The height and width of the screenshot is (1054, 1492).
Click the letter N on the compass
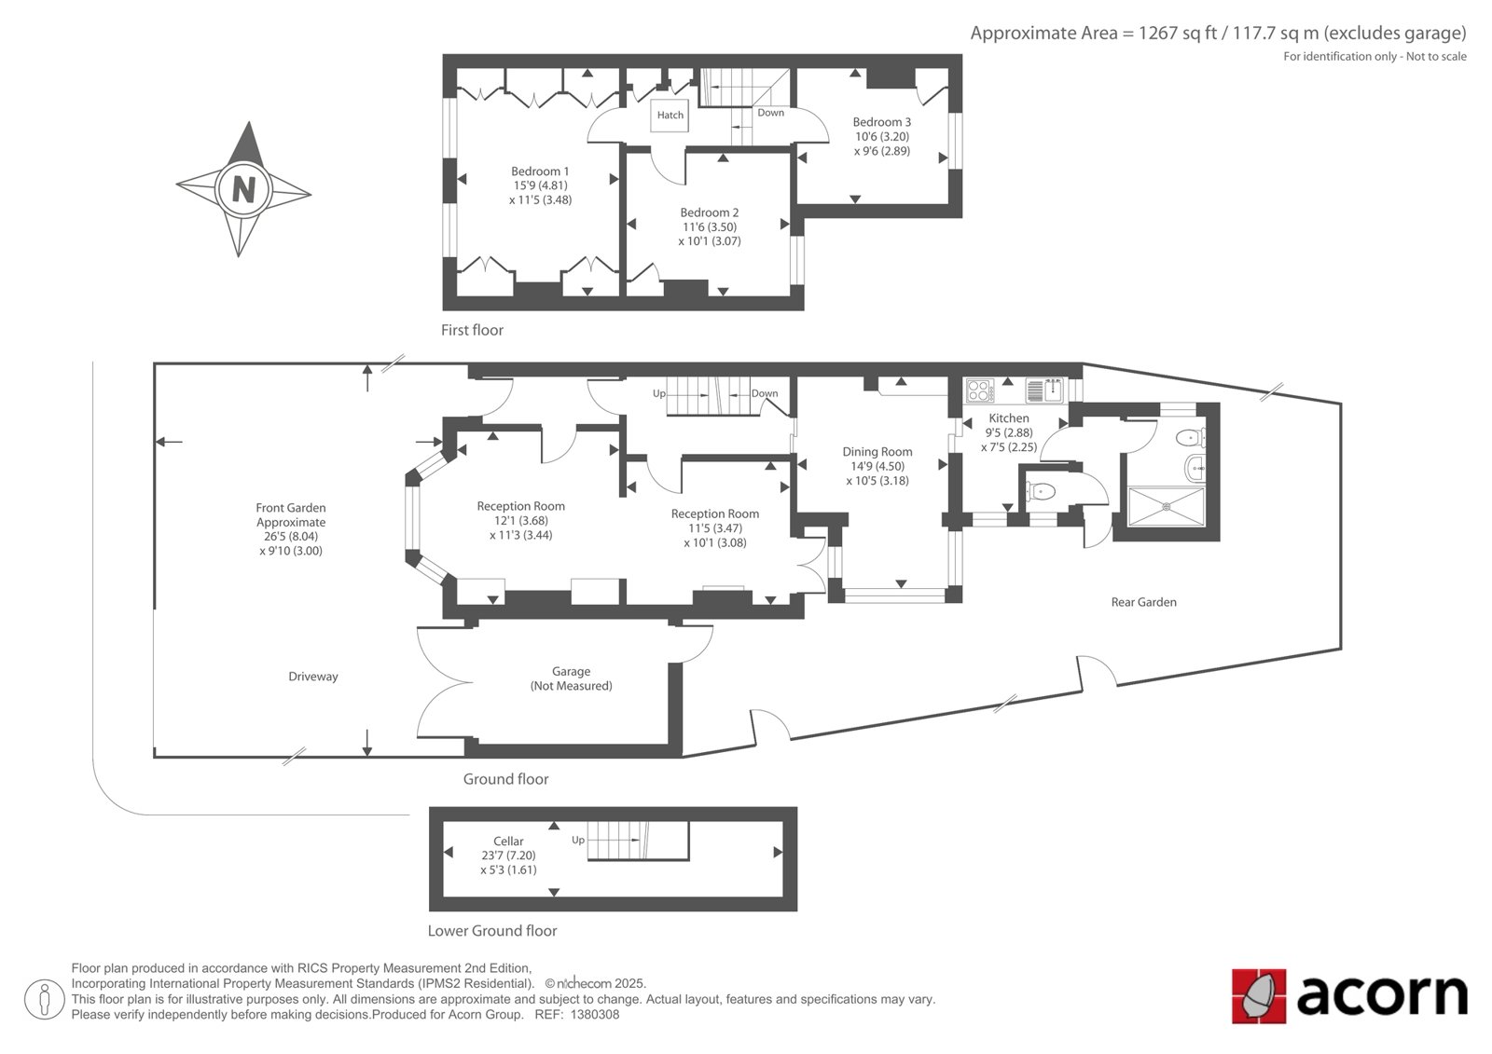pyautogui.click(x=243, y=190)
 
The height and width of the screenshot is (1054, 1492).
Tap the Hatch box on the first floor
pyautogui.click(x=670, y=116)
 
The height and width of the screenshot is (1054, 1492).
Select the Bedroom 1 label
pyautogui.click(x=540, y=171)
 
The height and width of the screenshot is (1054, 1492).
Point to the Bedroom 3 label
pyautogui.click(x=882, y=122)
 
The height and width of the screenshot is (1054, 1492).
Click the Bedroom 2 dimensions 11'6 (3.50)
pyautogui.click(x=710, y=227)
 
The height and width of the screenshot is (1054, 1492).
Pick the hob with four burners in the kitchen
pyautogui.click(x=980, y=390)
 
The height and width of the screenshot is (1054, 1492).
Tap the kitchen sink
pyautogui.click(x=1044, y=390)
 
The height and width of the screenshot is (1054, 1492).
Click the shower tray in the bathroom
pyautogui.click(x=1167, y=507)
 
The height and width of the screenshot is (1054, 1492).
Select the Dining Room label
pyautogui.click(x=877, y=451)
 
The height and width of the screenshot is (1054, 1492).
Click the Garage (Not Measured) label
pyautogui.click(x=571, y=678)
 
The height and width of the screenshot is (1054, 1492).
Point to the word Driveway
pyautogui.click(x=313, y=677)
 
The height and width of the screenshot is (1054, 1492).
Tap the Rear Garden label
pyautogui.click(x=1143, y=602)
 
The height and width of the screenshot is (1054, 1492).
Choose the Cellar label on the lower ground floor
pyautogui.click(x=508, y=841)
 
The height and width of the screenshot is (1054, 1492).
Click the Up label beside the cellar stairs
pyautogui.click(x=578, y=841)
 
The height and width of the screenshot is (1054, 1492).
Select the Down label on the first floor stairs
pyautogui.click(x=770, y=113)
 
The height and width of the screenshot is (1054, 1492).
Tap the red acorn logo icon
pyautogui.click(x=1259, y=996)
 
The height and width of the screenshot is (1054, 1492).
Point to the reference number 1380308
pyautogui.click(x=595, y=1015)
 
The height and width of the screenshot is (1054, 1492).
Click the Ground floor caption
pyautogui.click(x=505, y=779)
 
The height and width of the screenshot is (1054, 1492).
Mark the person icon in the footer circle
pyautogui.click(x=44, y=999)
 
